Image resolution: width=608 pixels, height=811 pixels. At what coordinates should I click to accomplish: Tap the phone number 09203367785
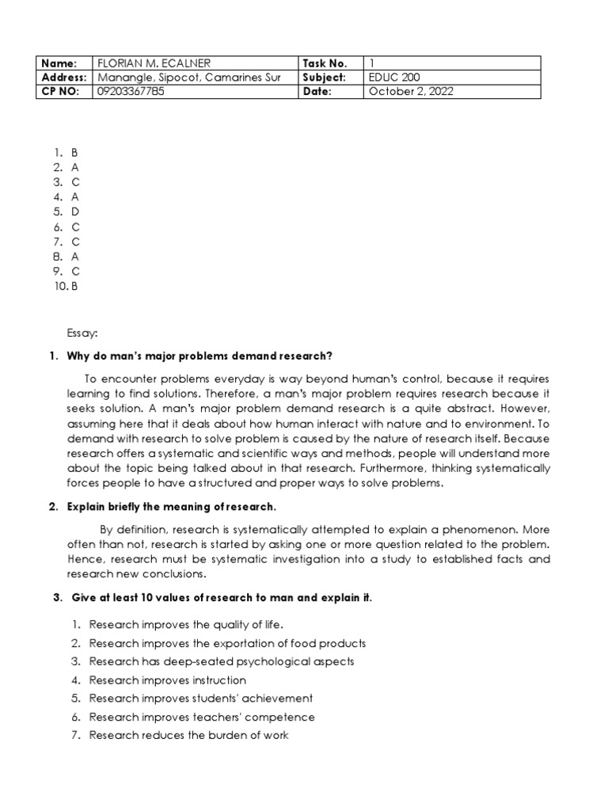[131, 92]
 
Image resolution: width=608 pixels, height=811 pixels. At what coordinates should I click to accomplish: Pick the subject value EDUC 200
[395, 78]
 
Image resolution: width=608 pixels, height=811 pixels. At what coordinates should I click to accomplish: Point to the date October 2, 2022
[412, 92]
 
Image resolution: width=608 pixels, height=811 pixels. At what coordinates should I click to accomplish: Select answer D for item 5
[75, 211]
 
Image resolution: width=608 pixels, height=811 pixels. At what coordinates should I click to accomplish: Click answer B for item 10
[75, 287]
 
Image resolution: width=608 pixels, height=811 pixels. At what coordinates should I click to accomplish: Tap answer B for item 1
[75, 152]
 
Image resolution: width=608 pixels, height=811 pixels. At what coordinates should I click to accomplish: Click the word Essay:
[82, 334]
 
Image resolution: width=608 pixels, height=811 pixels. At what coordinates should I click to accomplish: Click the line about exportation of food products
[227, 643]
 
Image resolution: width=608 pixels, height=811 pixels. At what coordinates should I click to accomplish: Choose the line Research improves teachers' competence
[202, 717]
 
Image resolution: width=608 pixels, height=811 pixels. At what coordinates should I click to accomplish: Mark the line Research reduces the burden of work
[188, 735]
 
